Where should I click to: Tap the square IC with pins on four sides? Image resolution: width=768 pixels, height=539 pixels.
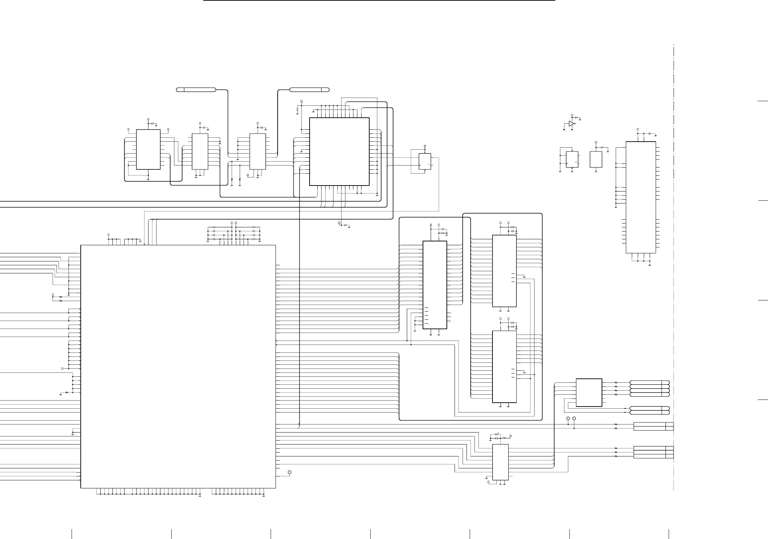339,151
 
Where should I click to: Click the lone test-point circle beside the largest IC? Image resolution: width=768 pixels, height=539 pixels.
290,472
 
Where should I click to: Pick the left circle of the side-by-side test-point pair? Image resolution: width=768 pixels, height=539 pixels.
568,419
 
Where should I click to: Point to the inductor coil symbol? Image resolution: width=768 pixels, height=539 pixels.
505,439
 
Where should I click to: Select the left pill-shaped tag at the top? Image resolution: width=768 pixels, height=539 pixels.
196,90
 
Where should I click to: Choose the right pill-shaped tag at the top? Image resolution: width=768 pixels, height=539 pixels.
309,90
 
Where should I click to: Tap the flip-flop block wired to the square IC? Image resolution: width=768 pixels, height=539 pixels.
425,162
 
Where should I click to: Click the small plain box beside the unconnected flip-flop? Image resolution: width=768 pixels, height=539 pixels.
596,159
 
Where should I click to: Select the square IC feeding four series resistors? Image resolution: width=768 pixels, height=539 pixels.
589,392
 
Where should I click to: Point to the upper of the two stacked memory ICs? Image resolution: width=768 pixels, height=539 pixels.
504,271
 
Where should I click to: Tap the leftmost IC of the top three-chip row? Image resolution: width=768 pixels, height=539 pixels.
148,149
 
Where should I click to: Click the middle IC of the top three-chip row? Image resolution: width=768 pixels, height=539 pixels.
200,151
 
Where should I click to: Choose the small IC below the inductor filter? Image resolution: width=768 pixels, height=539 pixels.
500,462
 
